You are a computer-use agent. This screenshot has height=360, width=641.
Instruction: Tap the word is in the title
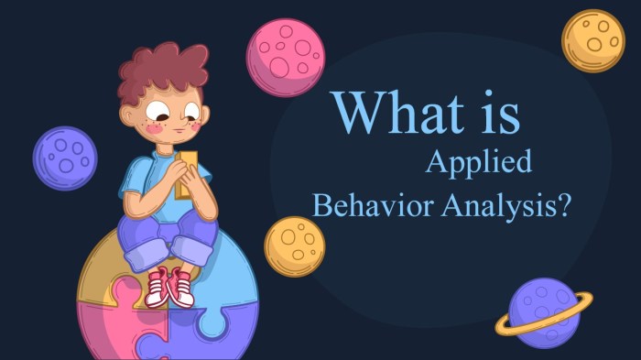(494, 113)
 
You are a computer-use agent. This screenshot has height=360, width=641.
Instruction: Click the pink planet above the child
(285, 57)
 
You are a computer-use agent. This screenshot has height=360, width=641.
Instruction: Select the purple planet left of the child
(64, 158)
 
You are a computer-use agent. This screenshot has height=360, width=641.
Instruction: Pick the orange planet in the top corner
(592, 40)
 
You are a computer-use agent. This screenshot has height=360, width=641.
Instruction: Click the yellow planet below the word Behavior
(295, 246)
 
